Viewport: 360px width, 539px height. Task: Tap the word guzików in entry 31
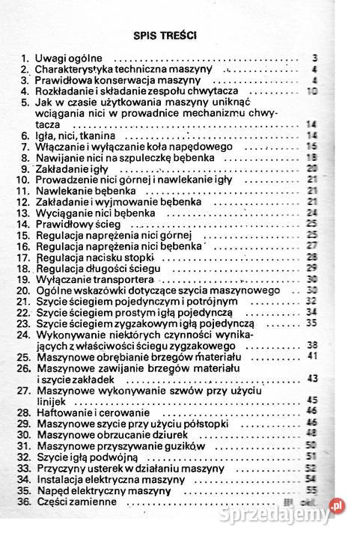[x=182, y=445]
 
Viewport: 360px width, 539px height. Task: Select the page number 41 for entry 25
[x=313, y=356]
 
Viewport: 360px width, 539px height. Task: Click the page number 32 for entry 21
[x=313, y=301]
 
